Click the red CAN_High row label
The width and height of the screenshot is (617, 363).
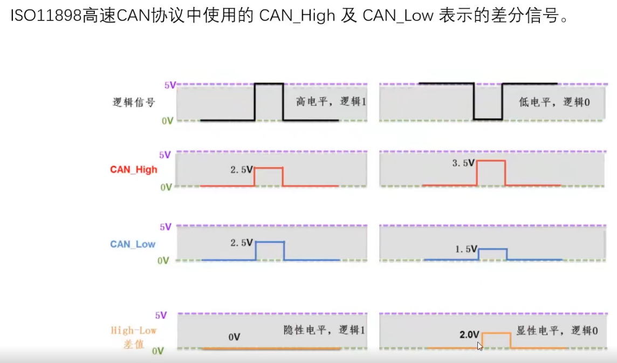coord(133,169)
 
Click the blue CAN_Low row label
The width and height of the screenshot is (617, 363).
coord(133,244)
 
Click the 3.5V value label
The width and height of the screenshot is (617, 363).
coord(463,162)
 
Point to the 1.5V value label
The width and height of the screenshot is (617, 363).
coord(467,249)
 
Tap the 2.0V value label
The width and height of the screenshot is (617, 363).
coord(469,334)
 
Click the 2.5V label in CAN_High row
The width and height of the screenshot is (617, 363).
coord(241,169)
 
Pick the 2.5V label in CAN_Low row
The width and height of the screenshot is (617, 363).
coord(241,243)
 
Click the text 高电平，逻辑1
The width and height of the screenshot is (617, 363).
coord(331,101)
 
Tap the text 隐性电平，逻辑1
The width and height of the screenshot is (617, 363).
coord(324,330)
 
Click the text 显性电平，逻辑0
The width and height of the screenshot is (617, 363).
coord(557,331)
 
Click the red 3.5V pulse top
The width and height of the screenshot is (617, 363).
coord(491,161)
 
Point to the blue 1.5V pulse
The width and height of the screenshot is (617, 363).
coord(493,249)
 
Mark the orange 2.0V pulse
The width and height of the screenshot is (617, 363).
coord(496,333)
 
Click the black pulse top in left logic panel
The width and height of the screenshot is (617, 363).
coord(269,84)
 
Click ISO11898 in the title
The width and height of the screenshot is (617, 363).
coord(46,15)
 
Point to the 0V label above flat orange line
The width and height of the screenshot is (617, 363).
coord(234,337)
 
